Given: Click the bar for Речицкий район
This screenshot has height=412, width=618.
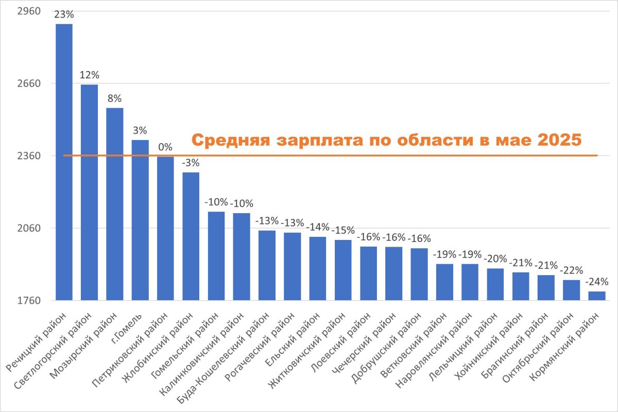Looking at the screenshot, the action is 64,162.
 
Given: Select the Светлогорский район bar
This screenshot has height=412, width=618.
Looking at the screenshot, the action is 90,192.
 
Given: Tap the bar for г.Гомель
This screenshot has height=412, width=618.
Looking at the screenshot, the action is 140,220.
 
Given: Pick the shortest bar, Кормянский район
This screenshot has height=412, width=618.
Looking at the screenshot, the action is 597,296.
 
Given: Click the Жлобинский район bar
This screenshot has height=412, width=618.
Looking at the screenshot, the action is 191,236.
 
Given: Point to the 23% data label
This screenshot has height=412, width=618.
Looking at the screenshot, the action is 64,14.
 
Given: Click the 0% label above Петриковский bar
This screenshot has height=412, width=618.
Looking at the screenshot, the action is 165,147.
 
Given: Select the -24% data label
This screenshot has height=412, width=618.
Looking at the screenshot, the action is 597,282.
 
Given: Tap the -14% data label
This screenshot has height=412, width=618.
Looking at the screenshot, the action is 318,227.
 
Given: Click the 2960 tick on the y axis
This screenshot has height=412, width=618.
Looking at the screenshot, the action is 29,11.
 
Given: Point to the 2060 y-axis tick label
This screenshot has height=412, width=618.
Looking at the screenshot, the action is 29,228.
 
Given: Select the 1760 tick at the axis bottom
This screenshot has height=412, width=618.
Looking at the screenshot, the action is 29,301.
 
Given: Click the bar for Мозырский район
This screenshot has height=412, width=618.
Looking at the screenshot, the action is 115,204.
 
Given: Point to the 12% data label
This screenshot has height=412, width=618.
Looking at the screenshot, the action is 90,75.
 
